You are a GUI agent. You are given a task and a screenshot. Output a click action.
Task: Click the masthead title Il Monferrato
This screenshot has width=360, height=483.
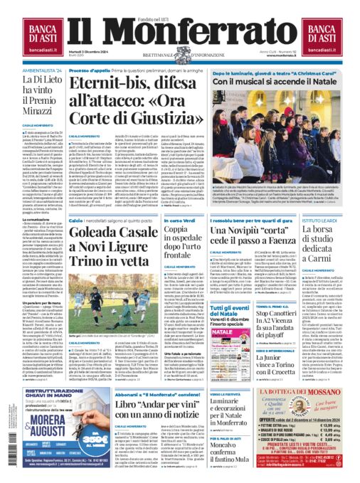pos(180,36)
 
